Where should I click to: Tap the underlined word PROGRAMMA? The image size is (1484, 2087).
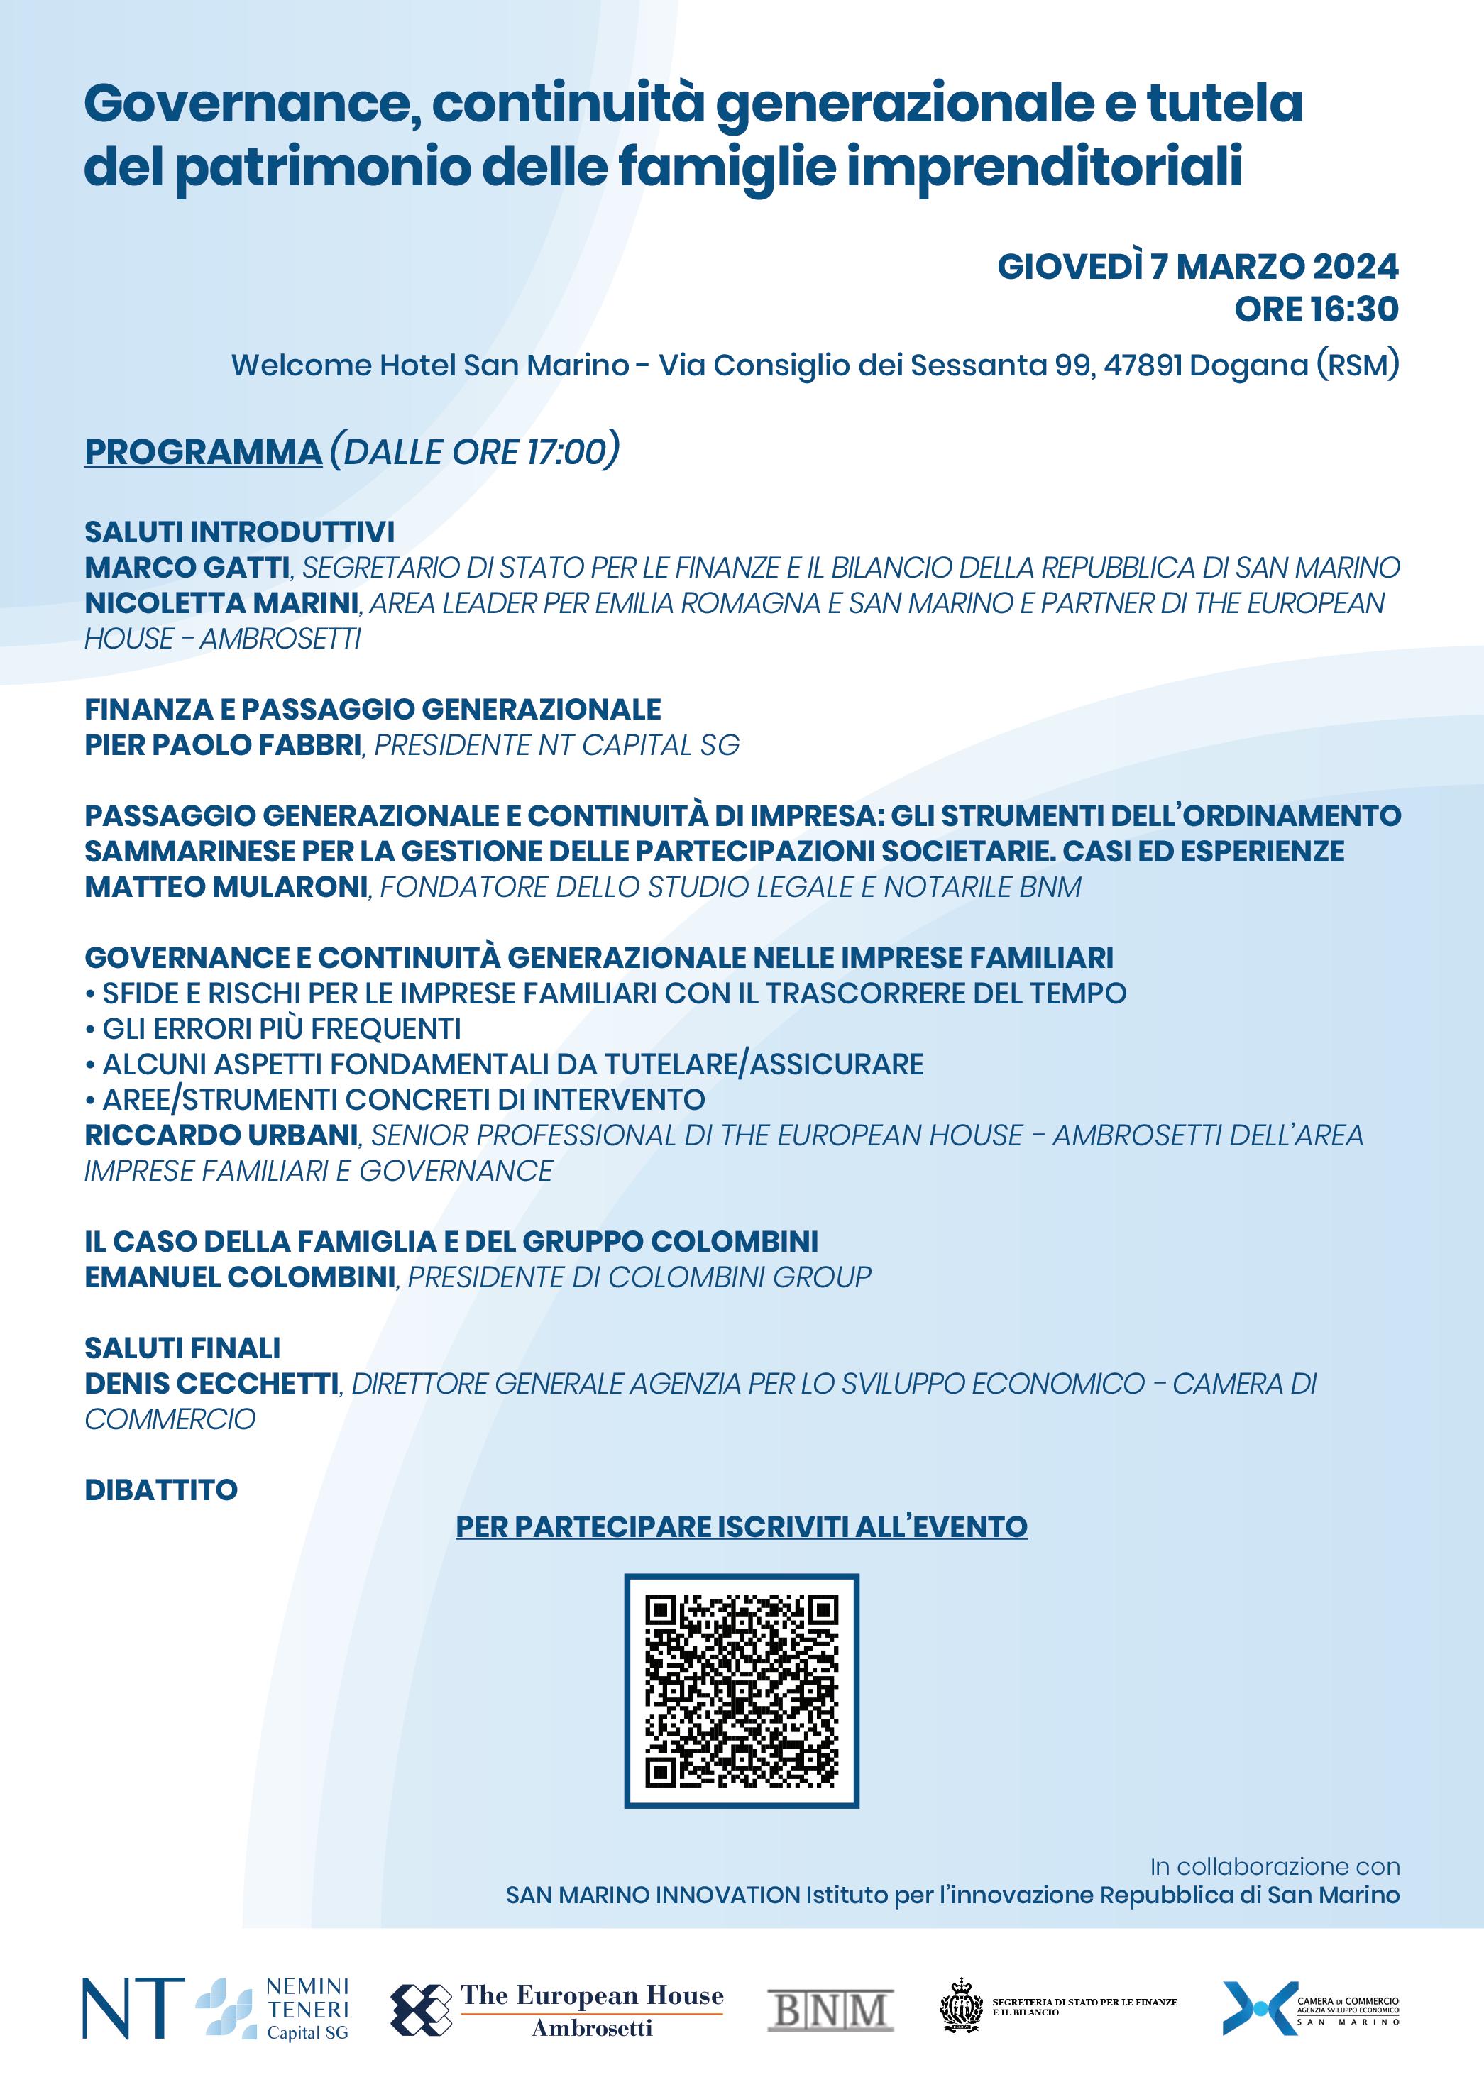pyautogui.click(x=203, y=452)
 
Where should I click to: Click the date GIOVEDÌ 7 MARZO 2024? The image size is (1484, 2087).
pyautogui.click(x=1197, y=267)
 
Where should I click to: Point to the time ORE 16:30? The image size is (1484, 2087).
pyautogui.click(x=1316, y=310)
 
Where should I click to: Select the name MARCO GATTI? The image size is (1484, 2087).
pyautogui.click(x=187, y=568)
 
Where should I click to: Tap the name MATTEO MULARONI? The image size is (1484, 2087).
pyautogui.click(x=226, y=886)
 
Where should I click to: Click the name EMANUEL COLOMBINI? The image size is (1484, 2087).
pyautogui.click(x=239, y=1277)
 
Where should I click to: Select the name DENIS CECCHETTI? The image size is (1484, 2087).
pyautogui.click(x=211, y=1384)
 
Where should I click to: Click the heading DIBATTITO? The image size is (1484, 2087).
pyautogui.click(x=161, y=1490)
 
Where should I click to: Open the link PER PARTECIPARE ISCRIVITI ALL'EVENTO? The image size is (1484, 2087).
pyautogui.click(x=741, y=1527)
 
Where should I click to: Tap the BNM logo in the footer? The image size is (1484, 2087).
pyautogui.click(x=830, y=2010)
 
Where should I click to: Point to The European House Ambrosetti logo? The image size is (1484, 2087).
pyautogui.click(x=557, y=2010)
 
